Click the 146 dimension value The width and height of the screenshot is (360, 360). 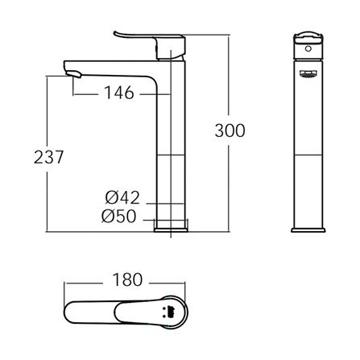coord(119,93)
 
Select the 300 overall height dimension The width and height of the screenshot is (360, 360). coord(230,130)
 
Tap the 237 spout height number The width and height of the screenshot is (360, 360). coord(48,157)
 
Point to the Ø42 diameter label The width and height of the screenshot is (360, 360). coord(122,198)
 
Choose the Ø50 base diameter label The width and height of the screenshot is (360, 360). coord(119,216)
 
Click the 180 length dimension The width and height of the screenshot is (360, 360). coord(127,279)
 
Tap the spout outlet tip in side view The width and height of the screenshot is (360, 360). coord(73,73)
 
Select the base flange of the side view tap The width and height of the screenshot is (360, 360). coord(171,230)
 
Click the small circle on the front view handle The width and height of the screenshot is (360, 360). coord(308,49)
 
